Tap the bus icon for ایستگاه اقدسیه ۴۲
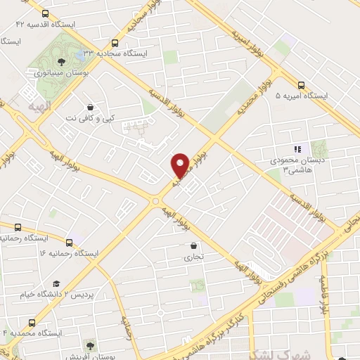coord(46,13)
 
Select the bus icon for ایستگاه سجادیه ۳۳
coord(115,41)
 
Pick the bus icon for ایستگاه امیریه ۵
coord(301,82)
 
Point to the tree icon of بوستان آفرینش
coord(89,345)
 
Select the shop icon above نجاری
coord(193,246)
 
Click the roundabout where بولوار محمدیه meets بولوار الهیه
coord(155,201)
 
